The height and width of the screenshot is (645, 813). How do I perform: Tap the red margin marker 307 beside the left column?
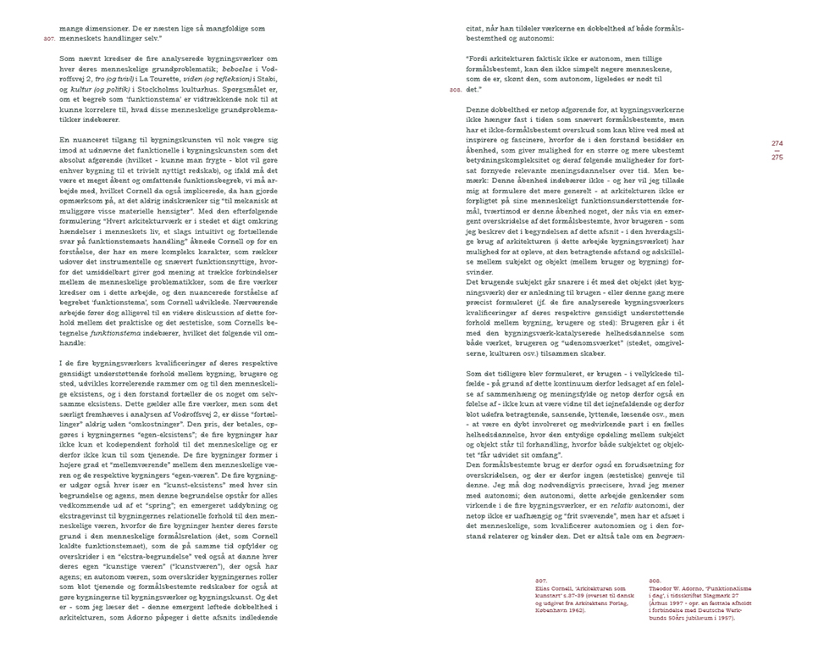(x=48, y=38)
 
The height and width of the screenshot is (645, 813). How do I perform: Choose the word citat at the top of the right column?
(x=475, y=28)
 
